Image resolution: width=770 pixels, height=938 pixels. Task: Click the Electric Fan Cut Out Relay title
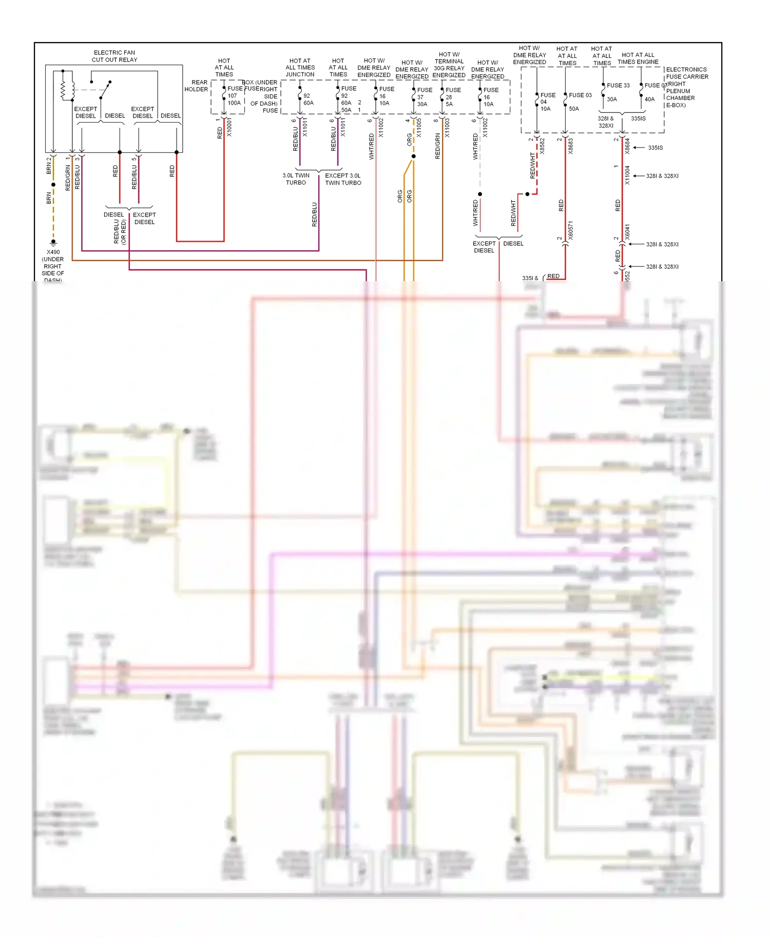coord(114,56)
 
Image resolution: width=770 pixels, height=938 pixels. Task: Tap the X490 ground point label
coord(53,252)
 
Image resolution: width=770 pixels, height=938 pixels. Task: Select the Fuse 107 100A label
coord(234,96)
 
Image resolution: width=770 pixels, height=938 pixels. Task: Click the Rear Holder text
coord(196,86)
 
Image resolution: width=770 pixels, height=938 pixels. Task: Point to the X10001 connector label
coord(229,127)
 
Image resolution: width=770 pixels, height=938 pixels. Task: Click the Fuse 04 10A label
coord(547,102)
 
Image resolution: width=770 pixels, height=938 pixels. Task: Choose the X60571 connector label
coord(570,231)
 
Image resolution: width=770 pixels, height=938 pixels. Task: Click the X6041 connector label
coord(627,232)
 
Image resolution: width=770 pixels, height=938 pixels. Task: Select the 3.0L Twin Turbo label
coord(296,179)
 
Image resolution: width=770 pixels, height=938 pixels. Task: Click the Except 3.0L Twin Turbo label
coord(343,179)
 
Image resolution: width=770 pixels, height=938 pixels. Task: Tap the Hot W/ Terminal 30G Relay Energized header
coord(449,65)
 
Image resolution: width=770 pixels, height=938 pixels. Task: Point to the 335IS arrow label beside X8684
coord(655,148)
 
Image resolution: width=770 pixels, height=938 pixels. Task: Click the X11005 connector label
coord(419,128)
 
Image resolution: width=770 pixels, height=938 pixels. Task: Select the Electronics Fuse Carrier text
coord(686,73)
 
